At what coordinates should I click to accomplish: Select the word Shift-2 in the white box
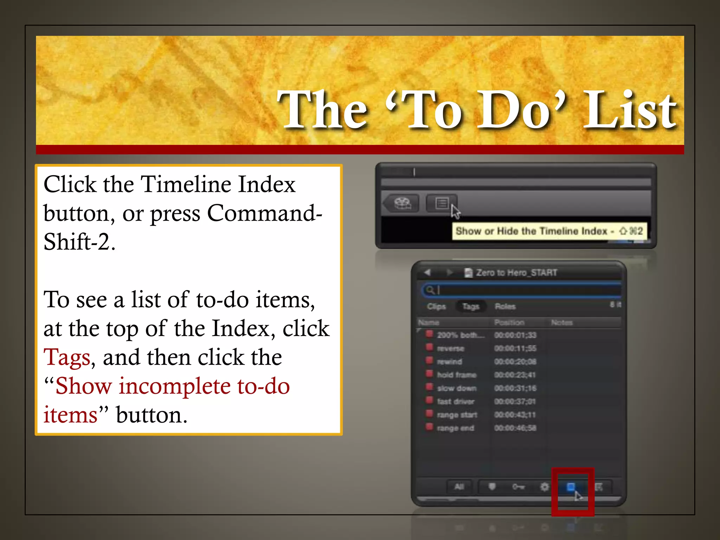79,243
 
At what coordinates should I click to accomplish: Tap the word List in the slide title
629,110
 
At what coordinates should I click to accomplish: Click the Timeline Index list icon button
442,203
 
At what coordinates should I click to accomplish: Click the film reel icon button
403,203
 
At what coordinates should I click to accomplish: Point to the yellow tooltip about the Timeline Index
548,231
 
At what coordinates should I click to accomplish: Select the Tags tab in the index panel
471,307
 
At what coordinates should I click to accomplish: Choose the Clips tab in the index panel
436,307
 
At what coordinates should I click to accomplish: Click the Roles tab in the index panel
505,307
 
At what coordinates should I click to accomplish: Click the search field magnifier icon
429,290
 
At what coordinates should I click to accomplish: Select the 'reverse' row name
450,349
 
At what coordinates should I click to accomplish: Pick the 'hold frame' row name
456,375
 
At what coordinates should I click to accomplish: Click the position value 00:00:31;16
515,388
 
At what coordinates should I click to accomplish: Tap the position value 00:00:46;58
515,428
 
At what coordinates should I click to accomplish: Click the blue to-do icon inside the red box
571,487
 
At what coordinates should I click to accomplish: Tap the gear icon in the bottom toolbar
544,487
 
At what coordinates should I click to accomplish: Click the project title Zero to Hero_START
516,273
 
